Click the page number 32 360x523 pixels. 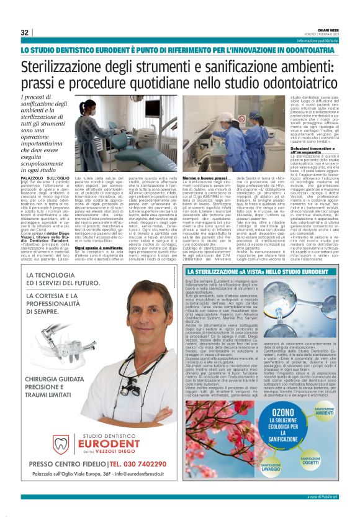25,32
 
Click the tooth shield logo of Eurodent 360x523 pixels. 60,444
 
